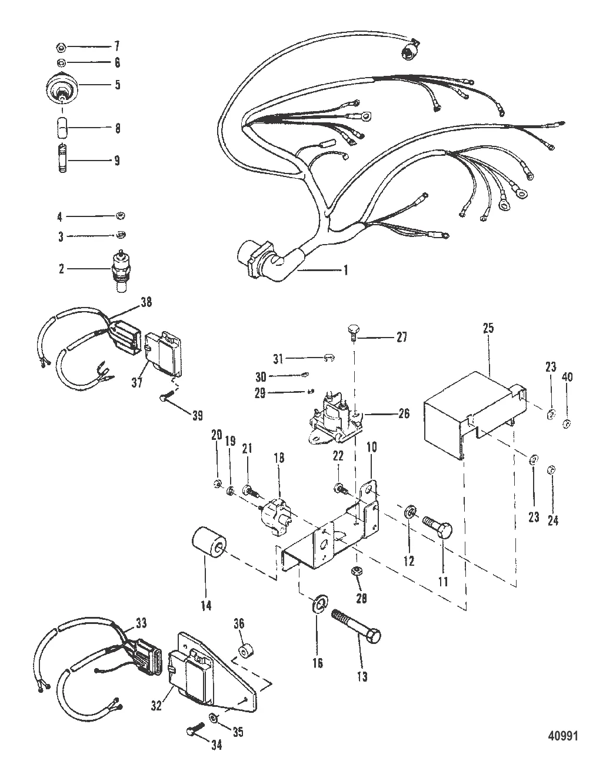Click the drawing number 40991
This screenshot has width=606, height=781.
pos(565,736)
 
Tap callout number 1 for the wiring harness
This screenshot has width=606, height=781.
pos(346,270)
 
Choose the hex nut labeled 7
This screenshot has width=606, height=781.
pos(63,46)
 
